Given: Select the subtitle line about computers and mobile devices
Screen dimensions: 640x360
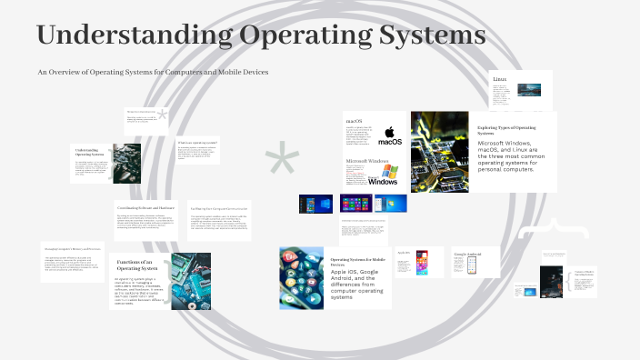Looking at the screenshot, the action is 153,72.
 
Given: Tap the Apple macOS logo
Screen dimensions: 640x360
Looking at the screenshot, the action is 389,136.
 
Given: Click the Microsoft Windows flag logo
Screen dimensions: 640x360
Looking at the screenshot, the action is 389,173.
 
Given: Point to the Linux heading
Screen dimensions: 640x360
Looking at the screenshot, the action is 500,80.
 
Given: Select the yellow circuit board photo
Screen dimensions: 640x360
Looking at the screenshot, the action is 440,151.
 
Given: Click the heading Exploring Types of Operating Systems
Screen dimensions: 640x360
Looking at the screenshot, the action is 511,130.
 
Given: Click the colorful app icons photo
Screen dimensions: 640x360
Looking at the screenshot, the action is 301,278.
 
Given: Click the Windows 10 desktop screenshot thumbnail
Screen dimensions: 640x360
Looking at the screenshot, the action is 315,204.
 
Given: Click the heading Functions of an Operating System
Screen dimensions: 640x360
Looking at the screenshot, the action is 139,265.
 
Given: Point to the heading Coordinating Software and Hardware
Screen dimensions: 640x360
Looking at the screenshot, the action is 145,208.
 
